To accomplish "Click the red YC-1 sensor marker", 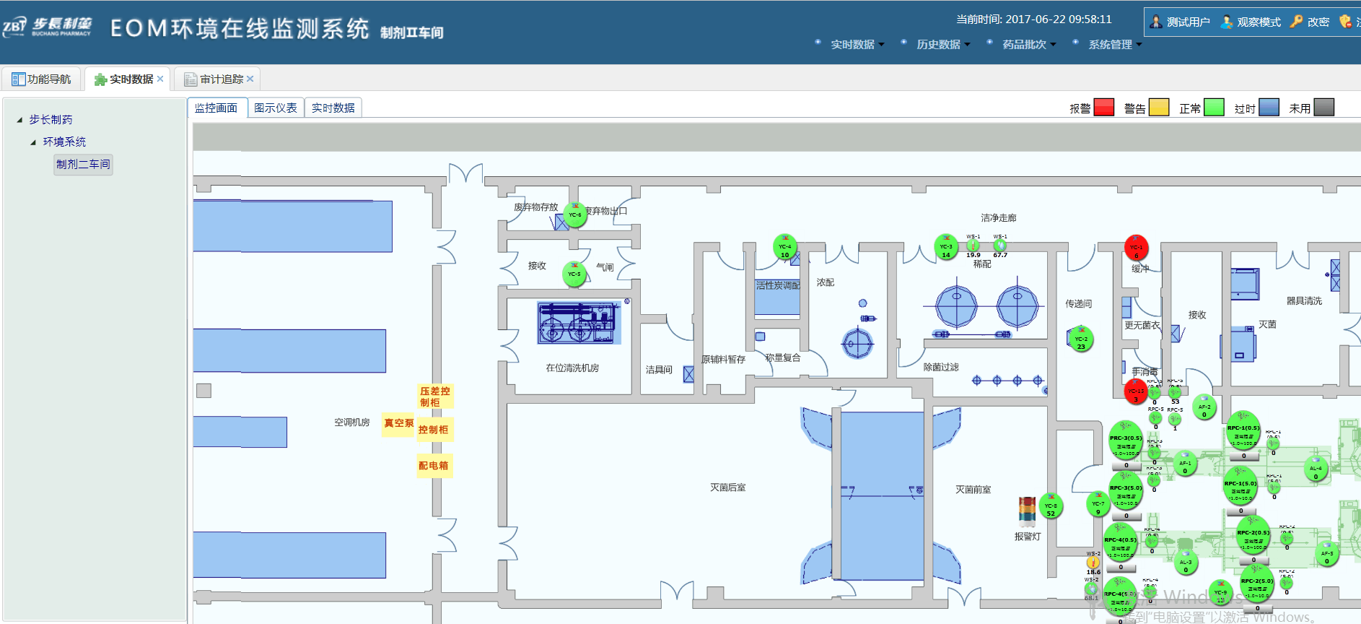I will click(x=1136, y=248).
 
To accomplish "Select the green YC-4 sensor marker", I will click(x=785, y=247).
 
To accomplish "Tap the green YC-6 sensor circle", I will click(x=574, y=214).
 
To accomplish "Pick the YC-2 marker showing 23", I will click(x=1080, y=339).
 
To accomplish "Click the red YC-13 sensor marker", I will click(x=1136, y=391).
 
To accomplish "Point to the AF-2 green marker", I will click(x=1204, y=407).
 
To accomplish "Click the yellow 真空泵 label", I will click(x=398, y=423).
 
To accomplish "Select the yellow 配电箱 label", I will click(x=433, y=466).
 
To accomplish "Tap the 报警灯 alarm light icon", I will click(x=1027, y=512).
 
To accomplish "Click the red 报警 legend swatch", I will click(x=1103, y=108).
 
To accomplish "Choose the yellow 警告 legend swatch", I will click(x=1158, y=108).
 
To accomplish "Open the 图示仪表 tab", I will click(x=276, y=108).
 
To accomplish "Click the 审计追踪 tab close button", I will click(x=250, y=79).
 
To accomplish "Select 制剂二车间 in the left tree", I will click(x=83, y=164).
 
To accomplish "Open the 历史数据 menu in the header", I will click(x=939, y=44).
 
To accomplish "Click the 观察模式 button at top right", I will click(x=1251, y=22).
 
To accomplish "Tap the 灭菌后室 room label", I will click(x=727, y=487).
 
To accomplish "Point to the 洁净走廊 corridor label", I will click(x=998, y=217).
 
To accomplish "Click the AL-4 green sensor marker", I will click(x=1316, y=469).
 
